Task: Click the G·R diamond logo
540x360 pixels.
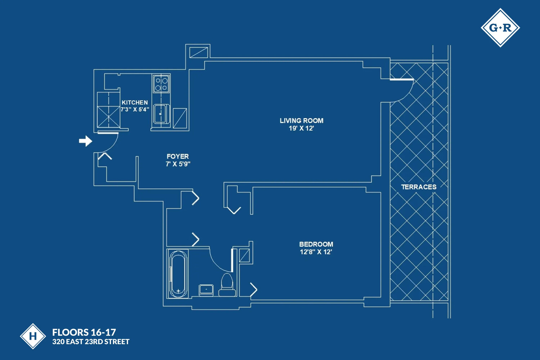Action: [500, 28]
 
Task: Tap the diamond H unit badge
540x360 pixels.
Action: [33, 336]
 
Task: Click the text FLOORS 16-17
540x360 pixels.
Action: [84, 332]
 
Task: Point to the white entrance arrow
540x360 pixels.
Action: [85, 141]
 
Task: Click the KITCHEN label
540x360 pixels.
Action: [135, 103]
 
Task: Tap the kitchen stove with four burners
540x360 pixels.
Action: [161, 84]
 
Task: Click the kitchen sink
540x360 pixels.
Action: [161, 114]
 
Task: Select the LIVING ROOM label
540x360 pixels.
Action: [301, 121]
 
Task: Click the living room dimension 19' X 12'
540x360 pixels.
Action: [301, 129]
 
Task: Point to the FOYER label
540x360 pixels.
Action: [177, 156]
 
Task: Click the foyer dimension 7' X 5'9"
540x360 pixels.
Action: [178, 164]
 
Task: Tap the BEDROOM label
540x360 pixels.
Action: [316, 244]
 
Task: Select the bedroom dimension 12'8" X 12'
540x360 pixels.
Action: [316, 252]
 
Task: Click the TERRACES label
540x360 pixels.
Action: [419, 187]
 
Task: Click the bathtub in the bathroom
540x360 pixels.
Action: [178, 274]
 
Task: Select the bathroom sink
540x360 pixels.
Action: [206, 289]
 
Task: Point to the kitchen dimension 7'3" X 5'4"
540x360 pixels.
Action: [135, 109]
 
